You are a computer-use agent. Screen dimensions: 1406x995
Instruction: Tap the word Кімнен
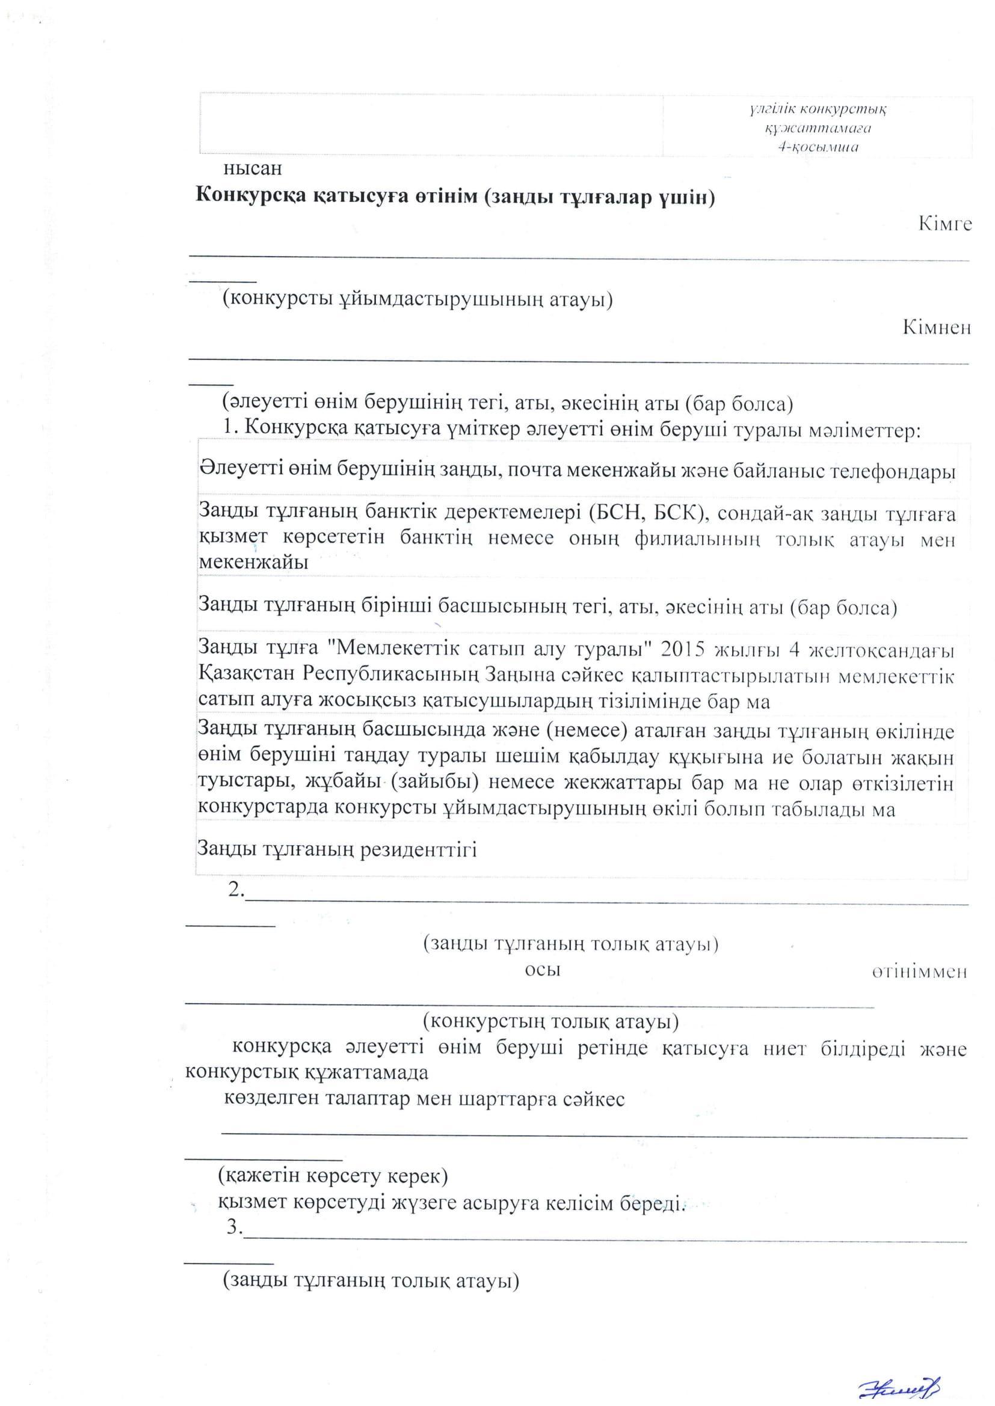937,328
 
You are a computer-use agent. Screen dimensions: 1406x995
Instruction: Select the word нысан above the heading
253,167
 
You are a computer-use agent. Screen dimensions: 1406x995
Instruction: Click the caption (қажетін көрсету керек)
333,1176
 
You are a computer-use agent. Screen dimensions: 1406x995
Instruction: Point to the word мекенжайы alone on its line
253,562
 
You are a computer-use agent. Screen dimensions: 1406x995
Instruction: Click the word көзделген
265,1099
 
